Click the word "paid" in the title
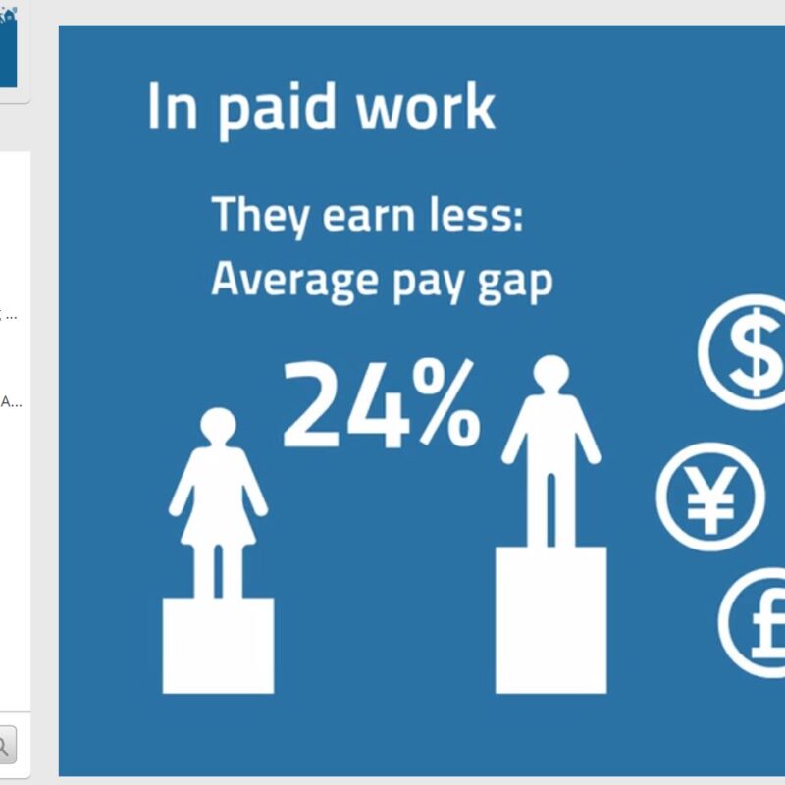[277, 110]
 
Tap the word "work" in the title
[426, 106]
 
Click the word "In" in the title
[173, 107]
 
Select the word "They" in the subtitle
[260, 217]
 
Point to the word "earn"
[369, 219]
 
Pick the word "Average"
[294, 282]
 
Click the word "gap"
[514, 285]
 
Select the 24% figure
[382, 403]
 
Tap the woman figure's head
[218, 426]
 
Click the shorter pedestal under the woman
[218, 646]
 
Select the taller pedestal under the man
[551, 620]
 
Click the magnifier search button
[5, 746]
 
